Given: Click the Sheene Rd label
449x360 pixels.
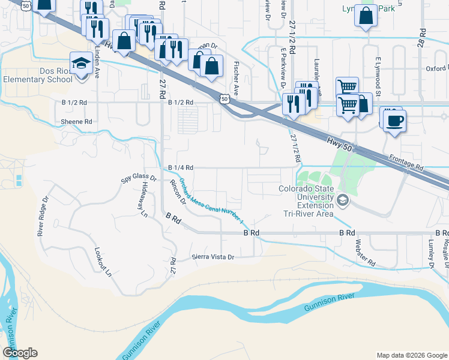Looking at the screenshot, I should coord(76,122).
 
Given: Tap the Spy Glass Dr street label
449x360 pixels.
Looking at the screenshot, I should coord(139,178).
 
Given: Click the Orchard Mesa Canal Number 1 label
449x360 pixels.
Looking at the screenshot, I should coord(212,202).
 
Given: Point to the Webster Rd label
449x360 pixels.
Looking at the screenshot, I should coord(365,254).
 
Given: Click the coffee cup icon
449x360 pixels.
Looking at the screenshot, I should coord(395,120).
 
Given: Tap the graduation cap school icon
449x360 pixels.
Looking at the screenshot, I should coord(79,62).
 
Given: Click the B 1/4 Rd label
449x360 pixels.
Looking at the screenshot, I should coord(180,168).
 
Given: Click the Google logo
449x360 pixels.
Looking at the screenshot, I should coord(19,353).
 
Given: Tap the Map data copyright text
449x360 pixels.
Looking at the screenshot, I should coord(411,355).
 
